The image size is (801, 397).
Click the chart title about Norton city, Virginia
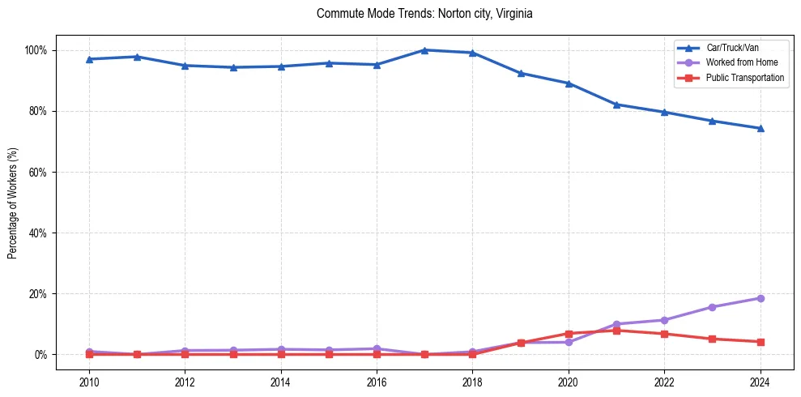pyautogui.click(x=424, y=14)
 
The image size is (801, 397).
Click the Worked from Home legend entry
pyautogui.click(x=742, y=62)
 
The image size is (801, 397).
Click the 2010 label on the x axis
pyautogui.click(x=89, y=382)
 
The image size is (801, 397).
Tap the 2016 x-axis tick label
pyautogui.click(x=377, y=382)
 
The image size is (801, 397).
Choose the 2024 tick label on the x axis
pyautogui.click(x=760, y=382)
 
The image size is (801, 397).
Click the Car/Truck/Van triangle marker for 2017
pyautogui.click(x=424, y=50)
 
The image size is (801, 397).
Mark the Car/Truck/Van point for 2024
pyautogui.click(x=760, y=128)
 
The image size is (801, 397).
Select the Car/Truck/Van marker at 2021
pyautogui.click(x=616, y=105)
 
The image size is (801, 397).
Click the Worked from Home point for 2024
pyautogui.click(x=760, y=298)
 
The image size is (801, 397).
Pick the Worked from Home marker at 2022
pyautogui.click(x=664, y=320)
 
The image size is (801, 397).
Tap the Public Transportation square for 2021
pyautogui.click(x=616, y=331)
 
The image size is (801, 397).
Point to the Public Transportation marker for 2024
pyautogui.click(x=760, y=342)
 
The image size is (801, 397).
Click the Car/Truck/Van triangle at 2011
pyautogui.click(x=137, y=57)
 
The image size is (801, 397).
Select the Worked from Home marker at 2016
pyautogui.click(x=377, y=348)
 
